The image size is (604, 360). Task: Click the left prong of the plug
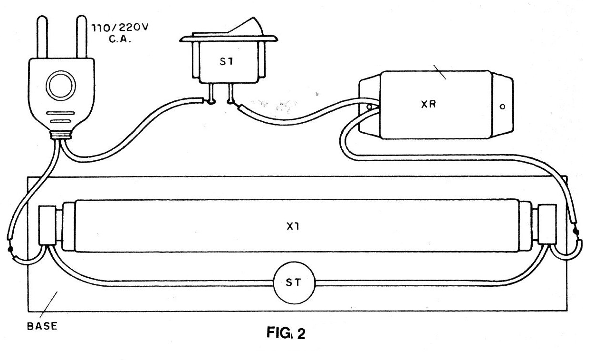pos(42,37)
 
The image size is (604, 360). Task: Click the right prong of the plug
pos(81,37)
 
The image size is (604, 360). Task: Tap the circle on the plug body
pos(61,86)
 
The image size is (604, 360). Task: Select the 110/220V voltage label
pos(120,28)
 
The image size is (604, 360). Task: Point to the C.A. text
pos(120,39)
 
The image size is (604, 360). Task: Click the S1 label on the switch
pos(226,62)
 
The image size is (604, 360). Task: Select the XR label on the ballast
pos(429,104)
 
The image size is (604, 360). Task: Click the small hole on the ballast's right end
pos(502,107)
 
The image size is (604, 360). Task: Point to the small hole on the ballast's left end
pos(369,107)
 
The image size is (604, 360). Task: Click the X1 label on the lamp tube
pos(293,226)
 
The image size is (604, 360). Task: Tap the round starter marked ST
pos(294,282)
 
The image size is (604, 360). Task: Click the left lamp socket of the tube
pos(48,225)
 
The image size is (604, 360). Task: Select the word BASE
pos(42,326)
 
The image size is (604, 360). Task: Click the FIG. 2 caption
pos(286,333)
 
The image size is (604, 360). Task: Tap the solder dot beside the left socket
pos(10,249)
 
